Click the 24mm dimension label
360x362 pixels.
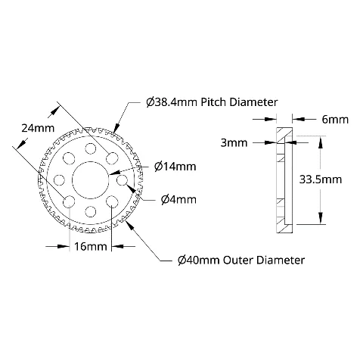(38, 128)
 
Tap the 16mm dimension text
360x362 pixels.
(91, 246)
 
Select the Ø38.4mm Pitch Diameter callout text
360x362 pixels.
(212, 102)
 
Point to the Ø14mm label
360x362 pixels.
(175, 167)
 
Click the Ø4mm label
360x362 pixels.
(178, 200)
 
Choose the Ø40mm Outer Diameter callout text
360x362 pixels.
(241, 260)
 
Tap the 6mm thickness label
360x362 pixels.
(335, 120)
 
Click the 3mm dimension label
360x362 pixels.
(234, 143)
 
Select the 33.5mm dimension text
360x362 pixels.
(321, 179)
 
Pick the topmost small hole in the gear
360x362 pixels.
(91, 148)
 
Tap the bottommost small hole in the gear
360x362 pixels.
(91, 211)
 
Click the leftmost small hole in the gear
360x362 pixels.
(59, 180)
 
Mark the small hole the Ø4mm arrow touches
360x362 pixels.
(123, 180)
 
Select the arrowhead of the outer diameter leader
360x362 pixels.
(129, 225)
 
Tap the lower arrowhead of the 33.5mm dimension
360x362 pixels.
(321, 218)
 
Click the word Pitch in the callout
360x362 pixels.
(214, 102)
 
